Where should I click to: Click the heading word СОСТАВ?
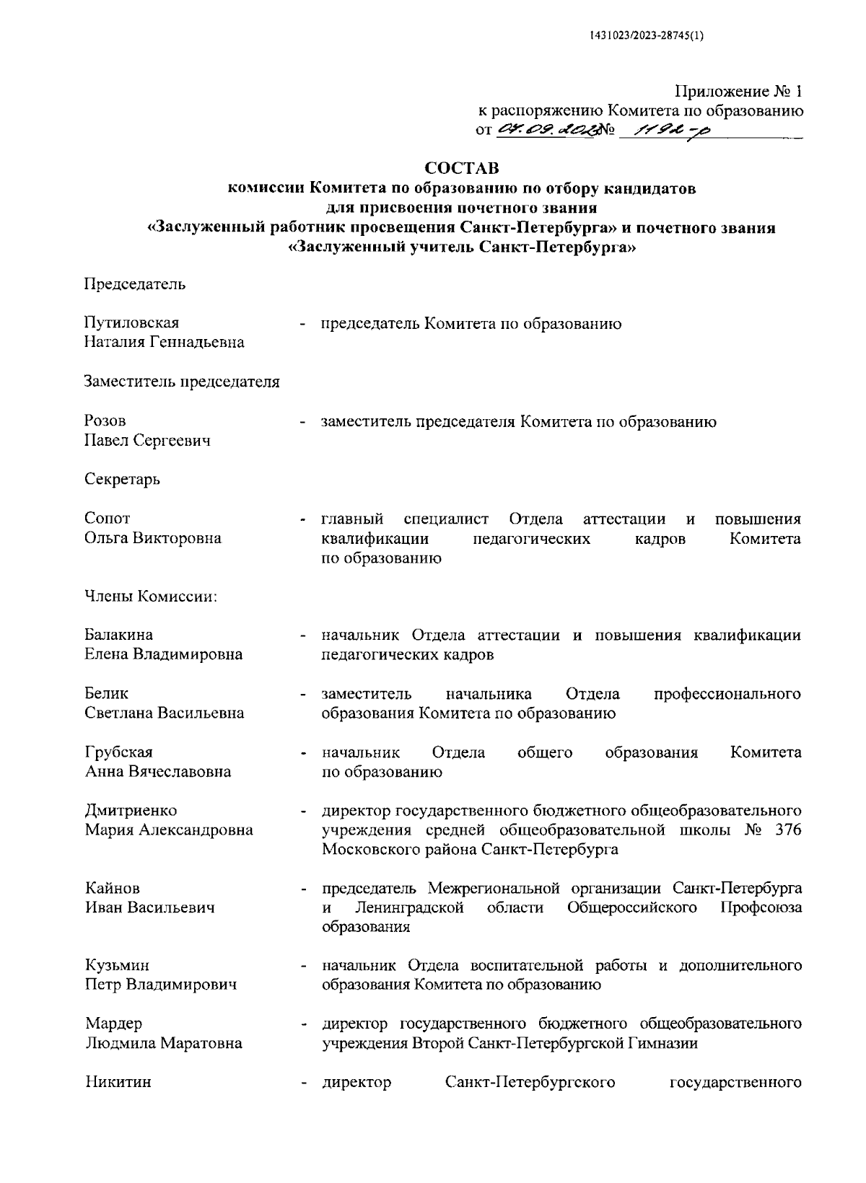coord(461,169)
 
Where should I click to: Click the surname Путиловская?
coord(131,323)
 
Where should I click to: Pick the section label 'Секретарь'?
coord(122,479)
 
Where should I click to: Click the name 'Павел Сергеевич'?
coord(147,440)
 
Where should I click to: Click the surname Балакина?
coord(118,636)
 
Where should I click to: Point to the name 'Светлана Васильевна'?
coord(164,713)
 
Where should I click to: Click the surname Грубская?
coord(118,752)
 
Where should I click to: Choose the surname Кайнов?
coord(112,888)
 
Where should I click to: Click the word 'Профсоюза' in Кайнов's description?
coord(761,907)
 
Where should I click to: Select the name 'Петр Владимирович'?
coord(160,985)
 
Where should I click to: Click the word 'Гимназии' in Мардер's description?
coord(665,1043)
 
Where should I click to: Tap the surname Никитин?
coord(118,1083)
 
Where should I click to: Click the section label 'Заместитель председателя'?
coord(182,382)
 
